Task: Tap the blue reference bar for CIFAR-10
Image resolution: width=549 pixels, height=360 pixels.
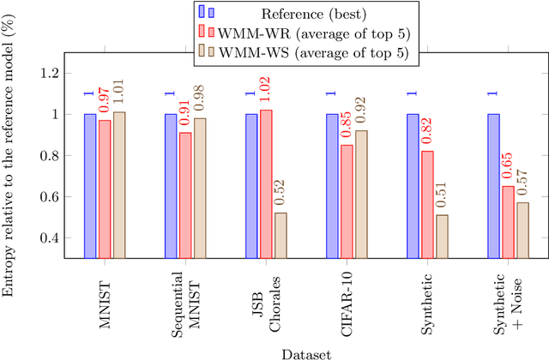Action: tap(332, 185)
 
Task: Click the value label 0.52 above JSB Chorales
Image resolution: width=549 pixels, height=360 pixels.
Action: tap(281, 194)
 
